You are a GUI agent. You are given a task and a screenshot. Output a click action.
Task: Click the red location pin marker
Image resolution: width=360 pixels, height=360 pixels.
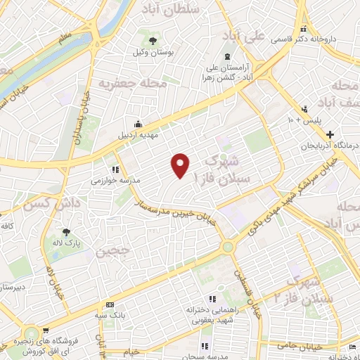pos(181,165)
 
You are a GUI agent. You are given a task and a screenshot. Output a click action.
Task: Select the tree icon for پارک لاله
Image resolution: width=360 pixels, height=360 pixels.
pos(66,232)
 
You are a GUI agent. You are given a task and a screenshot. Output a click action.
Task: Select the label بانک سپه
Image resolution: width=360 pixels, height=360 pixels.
pos(111,316)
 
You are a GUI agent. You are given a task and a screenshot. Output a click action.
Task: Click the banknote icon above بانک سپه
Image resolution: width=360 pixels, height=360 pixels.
pos(110,304)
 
